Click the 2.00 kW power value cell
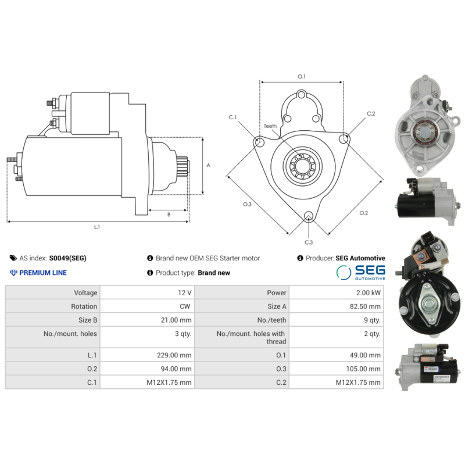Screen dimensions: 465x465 coord(337,292)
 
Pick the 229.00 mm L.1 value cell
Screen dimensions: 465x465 coord(147,355)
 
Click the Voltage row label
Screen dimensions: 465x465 coord(85,293)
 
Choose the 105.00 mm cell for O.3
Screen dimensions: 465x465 coord(337,369)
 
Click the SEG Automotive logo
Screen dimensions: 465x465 coord(361,273)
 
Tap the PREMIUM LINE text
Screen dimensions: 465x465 coord(43,273)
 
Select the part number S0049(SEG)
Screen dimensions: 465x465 coord(67,258)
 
